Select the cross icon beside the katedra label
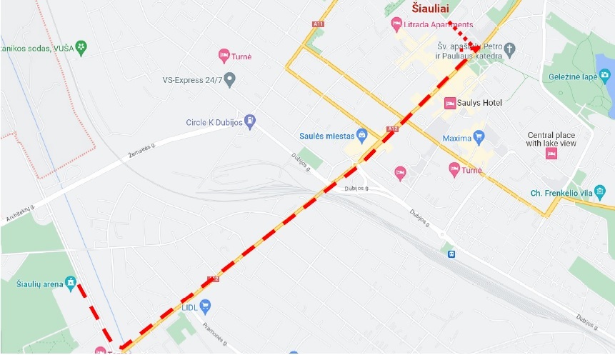pos(509,51)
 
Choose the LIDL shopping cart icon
pos(206,306)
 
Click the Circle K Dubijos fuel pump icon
pos(250,121)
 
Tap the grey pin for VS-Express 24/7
pos(229,79)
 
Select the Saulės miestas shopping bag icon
pos(363,134)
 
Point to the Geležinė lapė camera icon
pos(605,75)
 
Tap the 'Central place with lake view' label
pos(551,139)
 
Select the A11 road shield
pos(318,24)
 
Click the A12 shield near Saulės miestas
pos(392,129)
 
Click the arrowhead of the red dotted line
pos(476,48)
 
